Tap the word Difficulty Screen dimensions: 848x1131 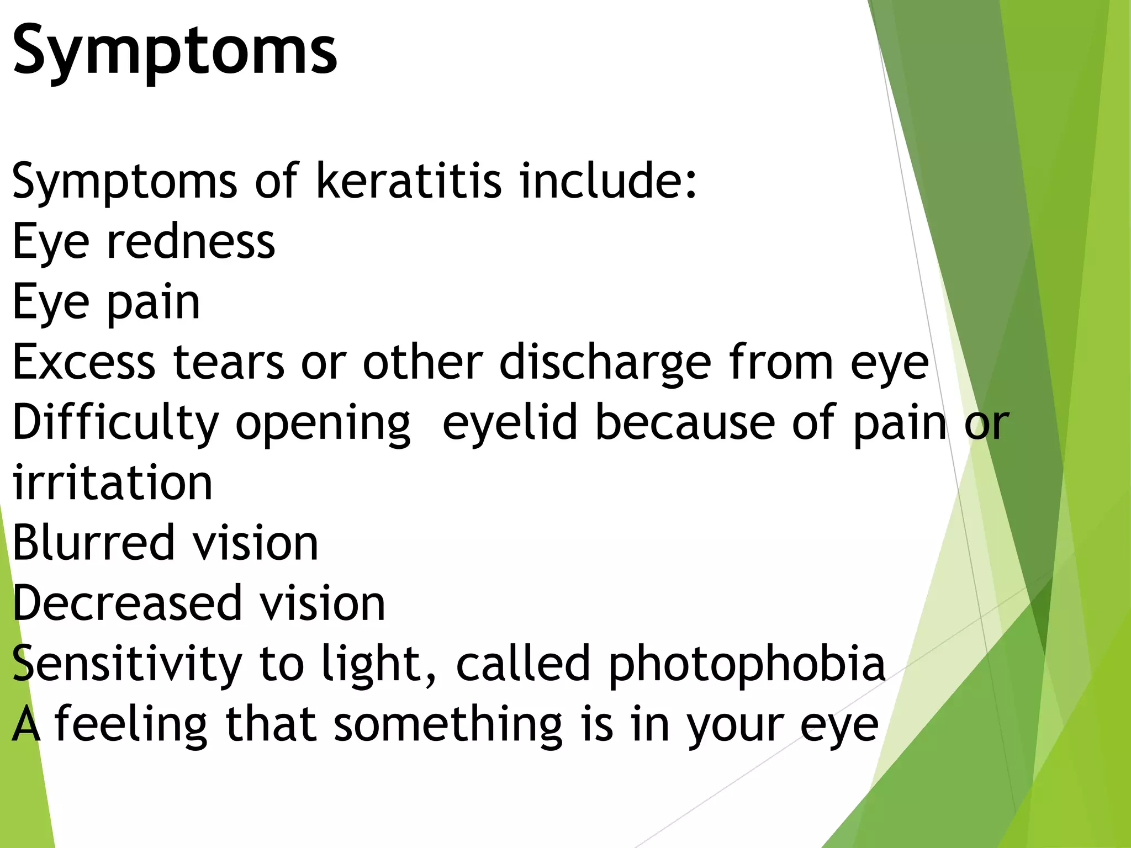point(116,424)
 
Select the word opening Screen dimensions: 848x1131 point(323,424)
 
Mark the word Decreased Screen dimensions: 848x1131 point(127,603)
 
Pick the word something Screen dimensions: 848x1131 point(448,725)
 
